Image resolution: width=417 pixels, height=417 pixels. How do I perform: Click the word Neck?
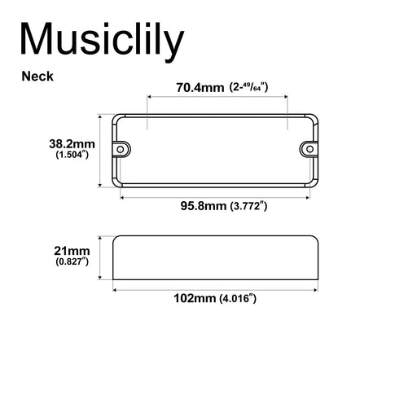click(x=38, y=77)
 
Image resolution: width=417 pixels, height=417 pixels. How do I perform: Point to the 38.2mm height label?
click(x=72, y=143)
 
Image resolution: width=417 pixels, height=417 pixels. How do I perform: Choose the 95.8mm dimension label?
click(x=203, y=206)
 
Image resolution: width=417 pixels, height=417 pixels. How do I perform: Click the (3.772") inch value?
click(x=249, y=206)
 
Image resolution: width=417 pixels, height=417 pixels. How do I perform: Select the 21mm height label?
click(x=72, y=252)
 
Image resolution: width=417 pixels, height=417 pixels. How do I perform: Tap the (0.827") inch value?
click(x=72, y=262)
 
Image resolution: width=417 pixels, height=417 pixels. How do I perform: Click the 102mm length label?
click(x=195, y=298)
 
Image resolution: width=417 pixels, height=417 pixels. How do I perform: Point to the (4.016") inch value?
click(x=238, y=298)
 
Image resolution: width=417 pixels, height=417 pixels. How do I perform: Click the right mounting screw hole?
click(x=309, y=149)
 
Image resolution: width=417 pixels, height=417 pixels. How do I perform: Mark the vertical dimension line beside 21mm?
click(x=101, y=258)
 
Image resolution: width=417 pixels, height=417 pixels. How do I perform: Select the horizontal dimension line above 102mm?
click(x=215, y=288)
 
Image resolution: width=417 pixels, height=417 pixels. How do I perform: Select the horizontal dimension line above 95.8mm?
click(x=216, y=195)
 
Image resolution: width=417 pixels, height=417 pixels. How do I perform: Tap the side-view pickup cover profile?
click(x=215, y=258)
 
